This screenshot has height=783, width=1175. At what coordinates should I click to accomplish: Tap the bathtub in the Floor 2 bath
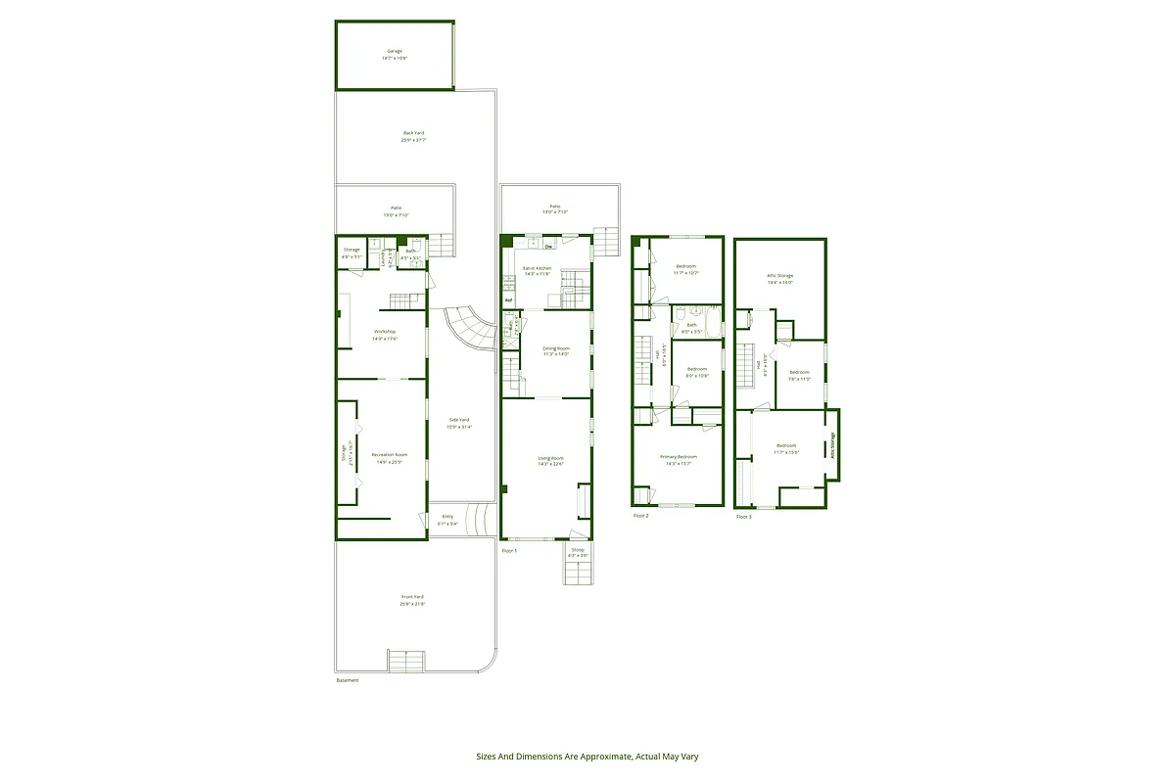click(713, 320)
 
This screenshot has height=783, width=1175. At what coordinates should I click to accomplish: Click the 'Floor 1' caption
click(509, 551)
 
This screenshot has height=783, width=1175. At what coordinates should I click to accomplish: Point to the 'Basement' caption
click(348, 680)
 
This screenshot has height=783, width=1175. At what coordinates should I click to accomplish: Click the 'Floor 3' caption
click(744, 516)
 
